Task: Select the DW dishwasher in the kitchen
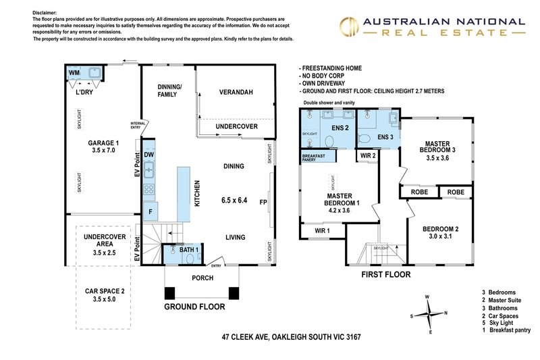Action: (x=149, y=155)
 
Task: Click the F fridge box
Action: (x=149, y=211)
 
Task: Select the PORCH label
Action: (x=202, y=278)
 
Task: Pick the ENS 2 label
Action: (x=339, y=128)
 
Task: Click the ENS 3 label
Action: (x=385, y=138)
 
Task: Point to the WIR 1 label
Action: (x=322, y=231)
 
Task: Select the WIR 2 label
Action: (x=367, y=155)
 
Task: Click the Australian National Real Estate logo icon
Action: (x=348, y=26)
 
